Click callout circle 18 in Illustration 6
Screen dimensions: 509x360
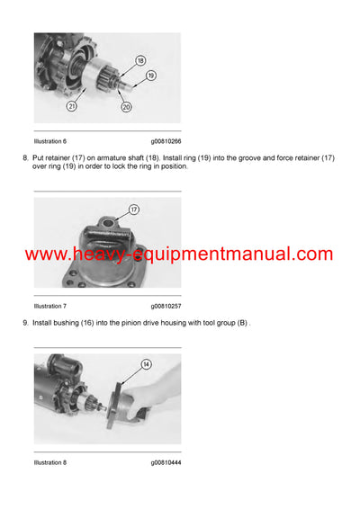click(x=139, y=61)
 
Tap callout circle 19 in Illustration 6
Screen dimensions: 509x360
click(x=150, y=76)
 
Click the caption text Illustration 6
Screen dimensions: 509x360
click(x=50, y=141)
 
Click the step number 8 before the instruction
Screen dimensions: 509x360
click(x=25, y=158)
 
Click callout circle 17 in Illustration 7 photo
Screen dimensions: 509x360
click(x=134, y=210)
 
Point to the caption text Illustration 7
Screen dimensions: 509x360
click(x=50, y=306)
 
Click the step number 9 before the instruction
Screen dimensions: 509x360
click(x=25, y=323)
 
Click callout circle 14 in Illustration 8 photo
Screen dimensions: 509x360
click(x=146, y=365)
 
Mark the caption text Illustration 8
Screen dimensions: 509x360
click(x=50, y=462)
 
